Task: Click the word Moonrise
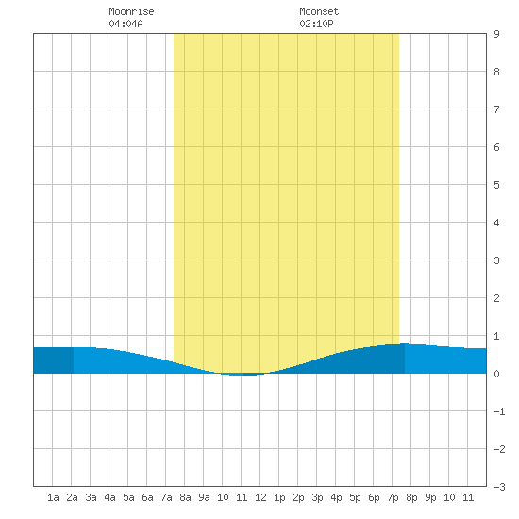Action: click(x=131, y=11)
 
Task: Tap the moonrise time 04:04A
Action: click(x=126, y=24)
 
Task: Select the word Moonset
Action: click(x=319, y=11)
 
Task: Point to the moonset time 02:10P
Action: click(x=316, y=24)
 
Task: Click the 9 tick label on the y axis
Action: click(x=496, y=34)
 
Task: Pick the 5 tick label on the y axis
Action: click(x=496, y=185)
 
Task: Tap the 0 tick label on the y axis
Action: click(x=496, y=374)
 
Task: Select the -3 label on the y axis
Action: click(x=499, y=487)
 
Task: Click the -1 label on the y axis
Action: click(x=499, y=411)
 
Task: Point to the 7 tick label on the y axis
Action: click(x=496, y=109)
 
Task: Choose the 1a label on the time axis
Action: click(x=53, y=497)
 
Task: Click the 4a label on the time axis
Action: click(x=109, y=497)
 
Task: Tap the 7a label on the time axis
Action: click(x=166, y=497)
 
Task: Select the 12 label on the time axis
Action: click(x=260, y=497)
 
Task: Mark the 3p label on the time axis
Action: click(x=317, y=497)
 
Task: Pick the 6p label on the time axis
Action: click(x=374, y=497)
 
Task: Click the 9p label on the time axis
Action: click(x=430, y=497)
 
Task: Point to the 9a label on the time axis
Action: click(x=204, y=497)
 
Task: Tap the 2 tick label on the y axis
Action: click(x=496, y=298)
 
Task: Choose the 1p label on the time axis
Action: click(x=279, y=497)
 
